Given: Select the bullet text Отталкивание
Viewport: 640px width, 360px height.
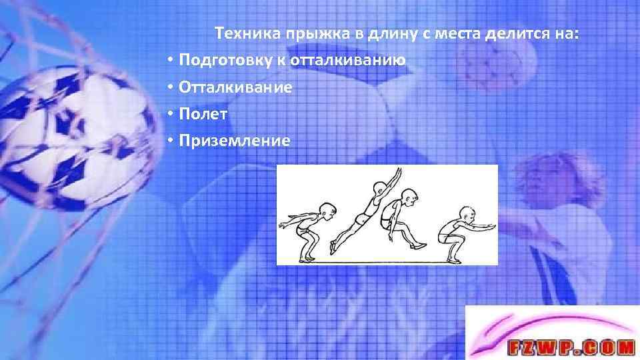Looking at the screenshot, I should (x=235, y=87).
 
